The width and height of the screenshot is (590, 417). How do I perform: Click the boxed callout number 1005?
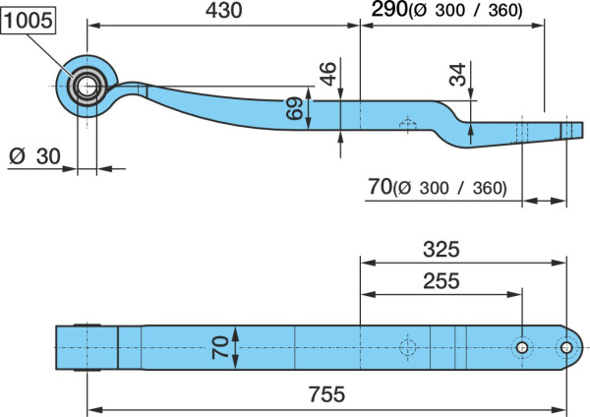click(x=29, y=20)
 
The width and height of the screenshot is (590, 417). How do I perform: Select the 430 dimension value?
click(x=223, y=10)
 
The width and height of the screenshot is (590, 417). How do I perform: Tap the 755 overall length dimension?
click(x=326, y=394)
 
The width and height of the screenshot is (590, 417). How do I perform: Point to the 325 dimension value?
click(x=441, y=249)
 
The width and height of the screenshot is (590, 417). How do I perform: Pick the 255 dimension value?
click(x=441, y=280)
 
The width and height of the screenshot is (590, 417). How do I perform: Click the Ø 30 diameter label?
click(x=34, y=156)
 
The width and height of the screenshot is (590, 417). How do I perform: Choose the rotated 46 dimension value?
click(x=327, y=74)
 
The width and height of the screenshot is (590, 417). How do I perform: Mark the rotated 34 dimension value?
click(x=457, y=75)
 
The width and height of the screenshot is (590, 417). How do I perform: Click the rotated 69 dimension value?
click(x=294, y=108)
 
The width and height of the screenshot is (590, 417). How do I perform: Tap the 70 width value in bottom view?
click(x=220, y=347)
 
